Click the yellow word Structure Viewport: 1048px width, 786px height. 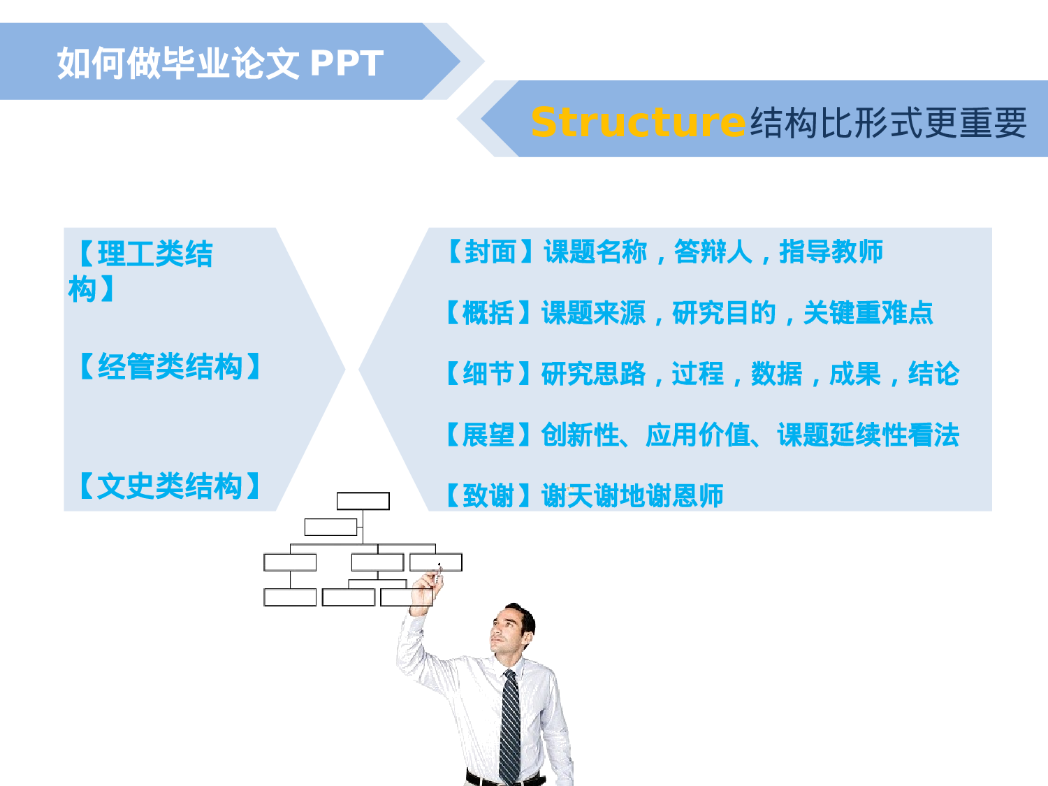pos(637,122)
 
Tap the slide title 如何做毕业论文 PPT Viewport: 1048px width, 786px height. pos(220,64)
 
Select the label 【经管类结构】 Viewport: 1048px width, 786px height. pos(169,367)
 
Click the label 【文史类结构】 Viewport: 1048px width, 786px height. pos(169,486)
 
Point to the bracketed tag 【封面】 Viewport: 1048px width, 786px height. pos(490,252)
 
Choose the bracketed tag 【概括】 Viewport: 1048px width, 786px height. pos(488,313)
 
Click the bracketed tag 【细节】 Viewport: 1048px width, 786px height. pos(488,374)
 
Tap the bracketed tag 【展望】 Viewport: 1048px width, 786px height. pos(488,435)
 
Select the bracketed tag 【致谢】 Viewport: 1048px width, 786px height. pos(488,496)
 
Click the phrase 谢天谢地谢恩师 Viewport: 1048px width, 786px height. pos(632,496)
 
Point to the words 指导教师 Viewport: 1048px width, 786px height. pos(831,252)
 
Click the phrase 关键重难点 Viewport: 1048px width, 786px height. pos(868,313)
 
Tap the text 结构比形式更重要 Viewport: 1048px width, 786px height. pos(888,123)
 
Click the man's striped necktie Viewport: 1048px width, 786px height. pos(510,727)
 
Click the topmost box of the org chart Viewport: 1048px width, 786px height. pos(363,501)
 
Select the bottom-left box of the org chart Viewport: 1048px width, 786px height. pos(290,597)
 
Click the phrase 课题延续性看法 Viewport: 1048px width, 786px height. pos(868,435)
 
